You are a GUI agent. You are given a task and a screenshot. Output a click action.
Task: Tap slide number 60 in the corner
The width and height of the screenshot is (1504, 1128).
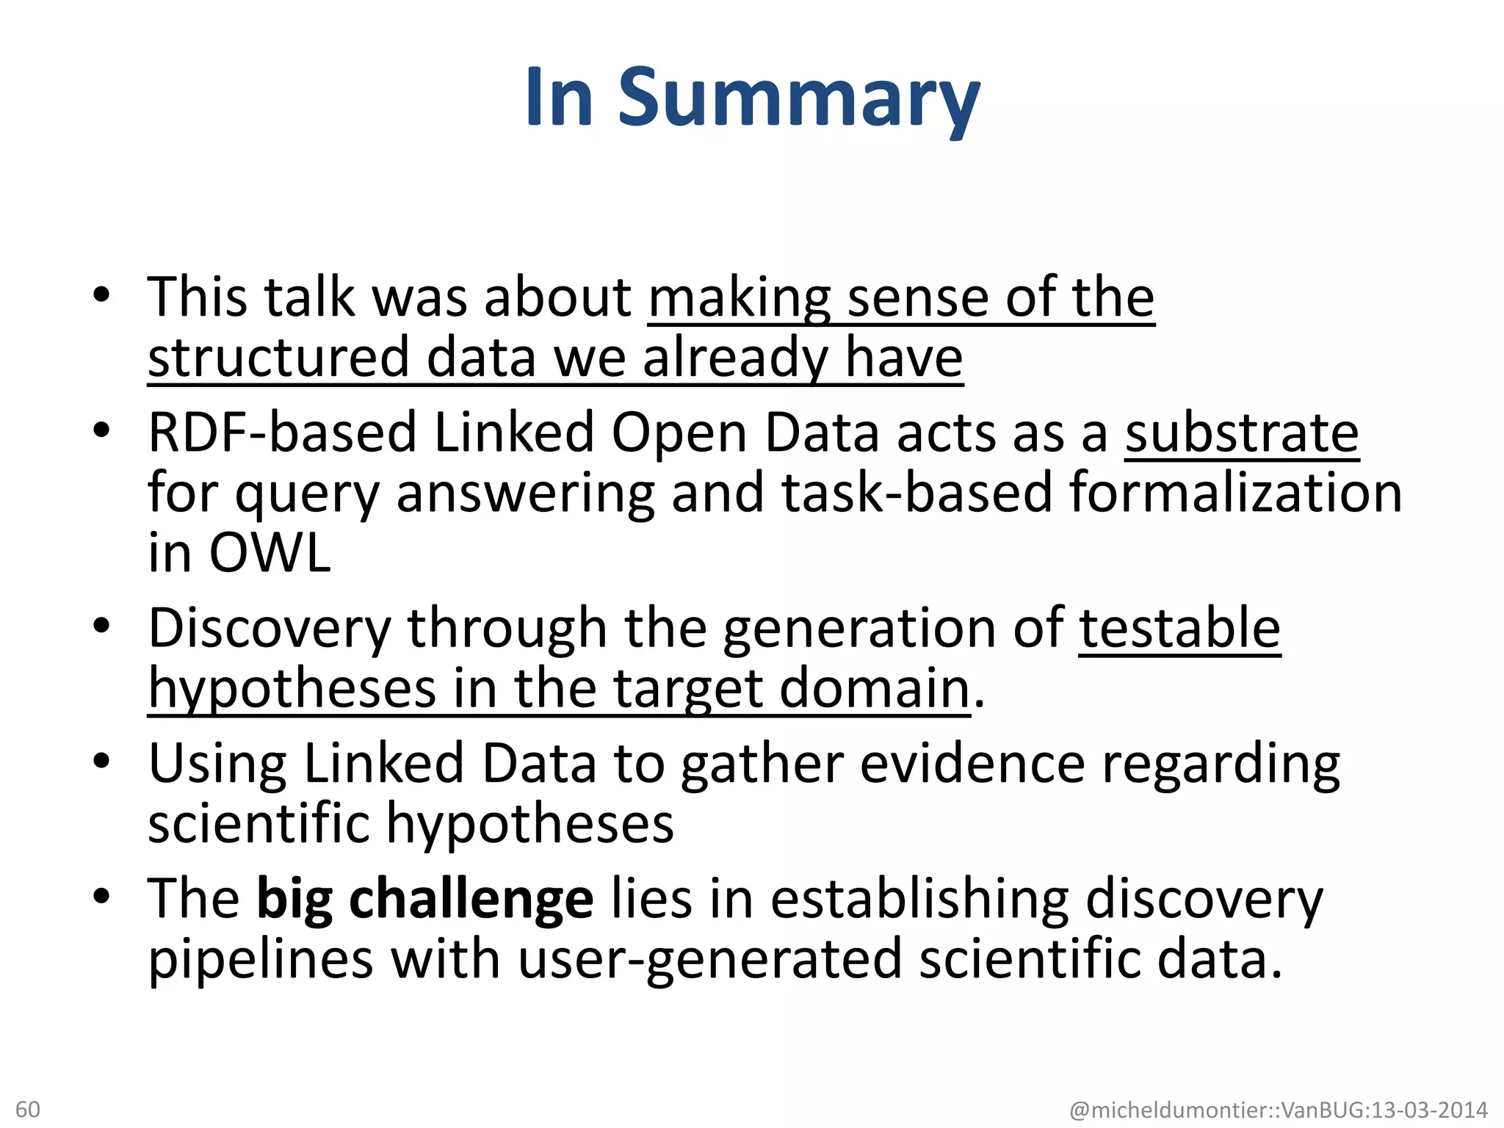tap(28, 1109)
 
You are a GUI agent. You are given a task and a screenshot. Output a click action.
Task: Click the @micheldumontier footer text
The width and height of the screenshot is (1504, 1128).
tap(1278, 1110)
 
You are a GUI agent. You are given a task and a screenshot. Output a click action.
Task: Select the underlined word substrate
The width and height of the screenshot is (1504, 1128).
tap(1242, 433)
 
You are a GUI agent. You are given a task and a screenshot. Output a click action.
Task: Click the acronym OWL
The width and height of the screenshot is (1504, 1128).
tap(270, 552)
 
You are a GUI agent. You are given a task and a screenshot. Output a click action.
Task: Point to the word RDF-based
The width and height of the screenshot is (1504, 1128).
tap(282, 433)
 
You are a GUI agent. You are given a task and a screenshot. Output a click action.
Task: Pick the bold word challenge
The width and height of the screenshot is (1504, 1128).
tap(471, 899)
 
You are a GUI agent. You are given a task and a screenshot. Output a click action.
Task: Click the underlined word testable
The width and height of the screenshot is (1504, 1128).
tap(1179, 628)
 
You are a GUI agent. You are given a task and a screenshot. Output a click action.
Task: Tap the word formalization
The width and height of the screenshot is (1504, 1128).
tap(1235, 492)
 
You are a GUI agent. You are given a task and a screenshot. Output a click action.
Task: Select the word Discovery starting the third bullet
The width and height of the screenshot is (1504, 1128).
tap(270, 629)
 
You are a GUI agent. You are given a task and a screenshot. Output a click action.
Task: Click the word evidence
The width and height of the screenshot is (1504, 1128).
tap(972, 764)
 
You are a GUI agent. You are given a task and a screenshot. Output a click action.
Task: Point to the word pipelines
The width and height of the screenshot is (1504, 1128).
tap(261, 960)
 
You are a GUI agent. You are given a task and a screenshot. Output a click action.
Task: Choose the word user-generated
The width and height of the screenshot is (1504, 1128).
tap(709, 960)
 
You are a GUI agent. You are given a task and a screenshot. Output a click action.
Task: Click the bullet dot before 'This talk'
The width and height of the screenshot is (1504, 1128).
tap(101, 295)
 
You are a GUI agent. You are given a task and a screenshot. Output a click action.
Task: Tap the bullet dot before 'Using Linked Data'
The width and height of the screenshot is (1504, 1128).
tap(101, 761)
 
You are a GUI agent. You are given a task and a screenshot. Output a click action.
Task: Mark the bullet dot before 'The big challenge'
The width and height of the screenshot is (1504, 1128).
tap(101, 896)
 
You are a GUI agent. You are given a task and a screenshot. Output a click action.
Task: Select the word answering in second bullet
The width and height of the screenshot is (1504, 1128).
tap(525, 493)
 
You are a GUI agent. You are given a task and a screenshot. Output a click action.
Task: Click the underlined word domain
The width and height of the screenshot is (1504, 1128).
tap(875, 689)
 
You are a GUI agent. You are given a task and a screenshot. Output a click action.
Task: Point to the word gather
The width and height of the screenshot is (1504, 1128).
tap(762, 764)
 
